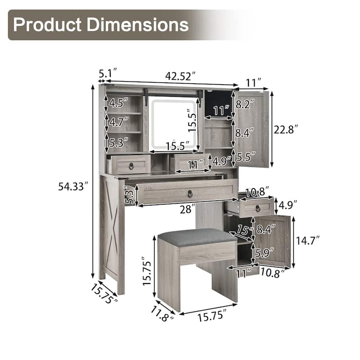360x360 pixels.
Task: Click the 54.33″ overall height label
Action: [x=73, y=186]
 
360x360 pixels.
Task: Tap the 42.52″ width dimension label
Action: [x=180, y=76]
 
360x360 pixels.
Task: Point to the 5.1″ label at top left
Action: [x=108, y=73]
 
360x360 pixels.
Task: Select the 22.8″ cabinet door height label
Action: [x=286, y=130]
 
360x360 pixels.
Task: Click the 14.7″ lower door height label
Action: [x=307, y=241]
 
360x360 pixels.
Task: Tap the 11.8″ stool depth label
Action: [x=162, y=314]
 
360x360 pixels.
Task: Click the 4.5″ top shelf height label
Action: [x=118, y=103]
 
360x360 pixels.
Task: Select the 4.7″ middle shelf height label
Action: [x=119, y=121]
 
